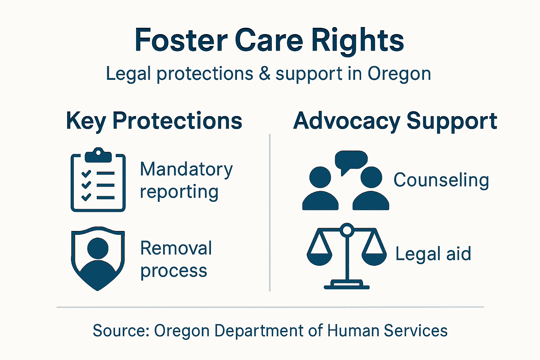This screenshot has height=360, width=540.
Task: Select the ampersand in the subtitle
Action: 264,73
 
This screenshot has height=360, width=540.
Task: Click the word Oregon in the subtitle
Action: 399,74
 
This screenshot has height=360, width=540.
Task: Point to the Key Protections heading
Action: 154,121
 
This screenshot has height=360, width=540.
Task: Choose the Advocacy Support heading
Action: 395,121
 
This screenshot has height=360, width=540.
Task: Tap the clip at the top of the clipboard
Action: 98,155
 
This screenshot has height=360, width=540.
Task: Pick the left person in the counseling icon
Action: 320,190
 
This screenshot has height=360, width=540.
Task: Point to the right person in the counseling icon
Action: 371,190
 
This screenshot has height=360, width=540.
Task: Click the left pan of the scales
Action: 319,257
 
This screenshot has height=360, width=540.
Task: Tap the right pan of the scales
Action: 374,257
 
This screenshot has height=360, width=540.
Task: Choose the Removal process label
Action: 176,259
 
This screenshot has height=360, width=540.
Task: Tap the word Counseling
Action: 441,180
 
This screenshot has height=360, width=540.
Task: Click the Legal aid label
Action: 433,254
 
